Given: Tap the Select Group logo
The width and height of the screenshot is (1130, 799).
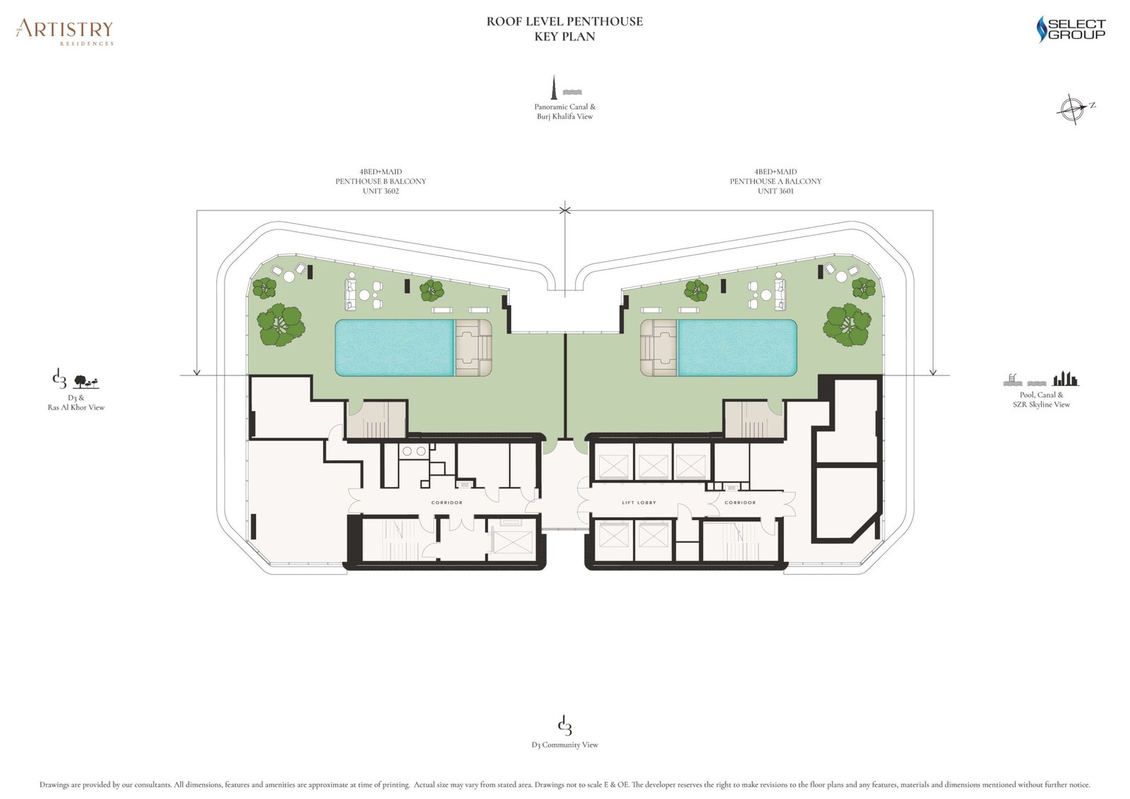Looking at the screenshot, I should click(x=1071, y=29).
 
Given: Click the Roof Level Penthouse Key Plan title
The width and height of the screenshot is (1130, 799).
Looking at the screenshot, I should click(x=564, y=29).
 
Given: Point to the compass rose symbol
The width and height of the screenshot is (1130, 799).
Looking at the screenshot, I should click(x=1072, y=109).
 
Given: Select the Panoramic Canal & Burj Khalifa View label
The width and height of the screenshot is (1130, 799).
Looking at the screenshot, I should click(x=564, y=112).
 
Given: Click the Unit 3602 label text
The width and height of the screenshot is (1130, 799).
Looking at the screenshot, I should click(x=381, y=191).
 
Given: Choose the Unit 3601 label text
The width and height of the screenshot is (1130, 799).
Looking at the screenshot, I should click(x=775, y=191).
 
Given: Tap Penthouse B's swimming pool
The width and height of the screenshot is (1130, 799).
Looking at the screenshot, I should click(x=394, y=347).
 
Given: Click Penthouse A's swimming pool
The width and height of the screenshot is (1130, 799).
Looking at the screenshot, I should click(x=737, y=347).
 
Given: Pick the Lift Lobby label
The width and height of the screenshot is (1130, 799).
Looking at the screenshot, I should click(x=638, y=503).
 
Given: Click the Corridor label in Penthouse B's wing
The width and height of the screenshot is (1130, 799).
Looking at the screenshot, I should click(x=446, y=503).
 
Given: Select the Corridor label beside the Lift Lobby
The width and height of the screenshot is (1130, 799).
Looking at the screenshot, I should click(x=739, y=503).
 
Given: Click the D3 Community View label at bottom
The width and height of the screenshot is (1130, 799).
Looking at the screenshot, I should click(x=564, y=745).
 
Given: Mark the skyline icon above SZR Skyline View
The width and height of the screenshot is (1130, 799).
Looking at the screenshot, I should click(x=1066, y=379).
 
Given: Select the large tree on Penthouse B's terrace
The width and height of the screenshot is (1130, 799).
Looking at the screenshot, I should click(x=280, y=325).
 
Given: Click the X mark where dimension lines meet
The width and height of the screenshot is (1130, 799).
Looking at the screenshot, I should click(x=564, y=210).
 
